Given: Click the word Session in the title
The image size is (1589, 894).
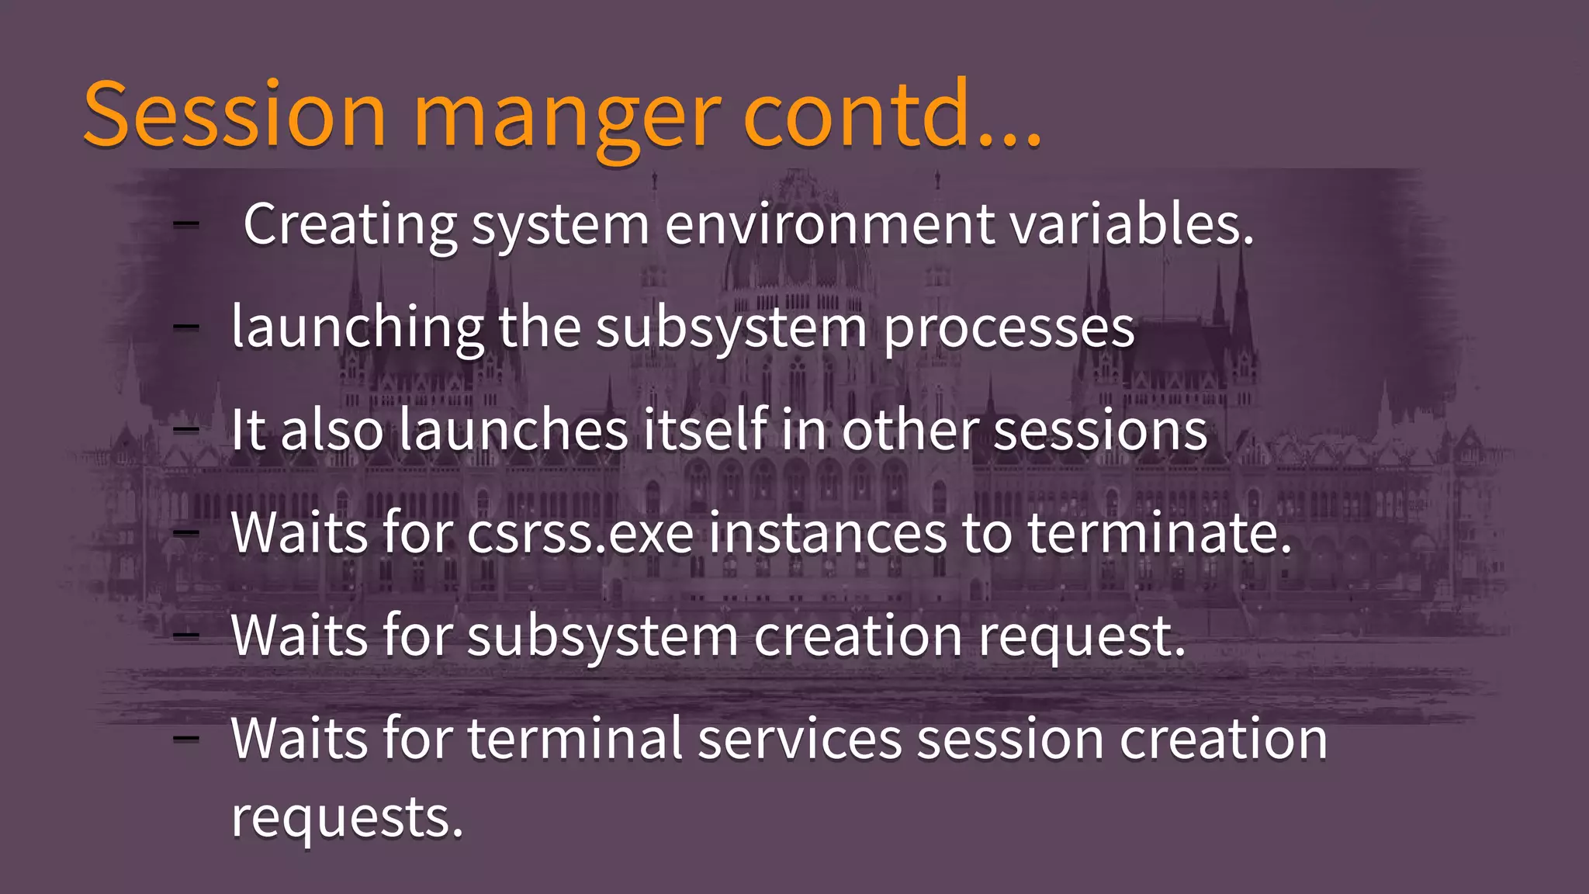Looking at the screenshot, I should pos(234,115).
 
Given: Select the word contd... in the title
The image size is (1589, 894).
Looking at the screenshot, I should pos(892,115).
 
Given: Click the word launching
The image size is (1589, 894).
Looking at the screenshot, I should pos(358,327).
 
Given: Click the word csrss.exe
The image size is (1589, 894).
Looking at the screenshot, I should pos(580,533).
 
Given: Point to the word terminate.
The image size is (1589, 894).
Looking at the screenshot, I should pos(1160,533).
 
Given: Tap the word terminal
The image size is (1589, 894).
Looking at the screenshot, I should pos(575,738).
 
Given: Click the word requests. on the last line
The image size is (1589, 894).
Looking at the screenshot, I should pos(348,817).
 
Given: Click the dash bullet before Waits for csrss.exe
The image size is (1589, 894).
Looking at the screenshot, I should pos(185,533).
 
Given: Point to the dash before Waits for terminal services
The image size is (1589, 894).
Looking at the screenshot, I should pos(185,738).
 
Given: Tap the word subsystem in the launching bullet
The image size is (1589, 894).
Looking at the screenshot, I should pos(732,327).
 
